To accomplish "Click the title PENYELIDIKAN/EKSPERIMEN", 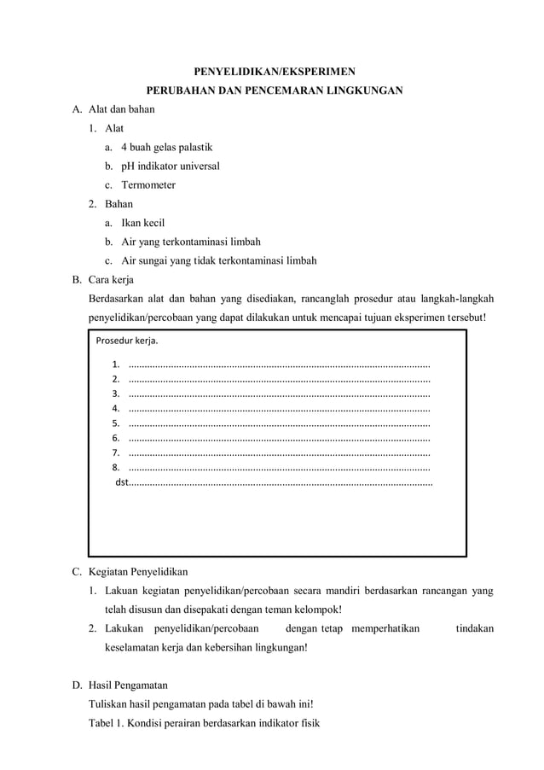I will tap(272, 71).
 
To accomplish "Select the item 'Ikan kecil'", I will tap(143, 223).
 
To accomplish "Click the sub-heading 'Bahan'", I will tap(119, 204).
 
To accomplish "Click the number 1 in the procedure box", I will tap(115, 365).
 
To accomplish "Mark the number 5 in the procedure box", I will tap(115, 423).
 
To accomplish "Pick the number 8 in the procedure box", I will tap(115, 468).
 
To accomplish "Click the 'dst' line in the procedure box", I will tap(121, 483).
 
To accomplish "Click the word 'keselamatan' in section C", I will tap(132, 647).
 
